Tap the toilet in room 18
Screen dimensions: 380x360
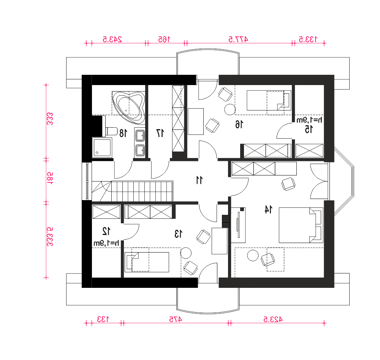[111, 131]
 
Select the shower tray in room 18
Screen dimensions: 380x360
[102, 148]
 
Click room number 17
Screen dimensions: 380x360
[160, 133]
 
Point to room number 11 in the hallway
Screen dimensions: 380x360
[199, 180]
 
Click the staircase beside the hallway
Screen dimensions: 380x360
[132, 191]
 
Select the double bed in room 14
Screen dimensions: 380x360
[301, 225]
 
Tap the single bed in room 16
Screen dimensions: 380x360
[269, 100]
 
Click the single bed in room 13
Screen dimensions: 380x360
[147, 262]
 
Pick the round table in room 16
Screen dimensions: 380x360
[230, 109]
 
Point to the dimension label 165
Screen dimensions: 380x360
[164, 39]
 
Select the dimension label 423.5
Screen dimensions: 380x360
[273, 319]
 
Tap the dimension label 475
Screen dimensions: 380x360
[176, 319]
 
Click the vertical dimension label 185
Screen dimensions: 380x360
[50, 179]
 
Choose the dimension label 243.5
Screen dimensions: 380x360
[112, 39]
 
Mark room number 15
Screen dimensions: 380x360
[309, 129]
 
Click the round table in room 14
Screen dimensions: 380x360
[253, 255]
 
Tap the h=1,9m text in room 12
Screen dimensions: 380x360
[106, 243]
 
